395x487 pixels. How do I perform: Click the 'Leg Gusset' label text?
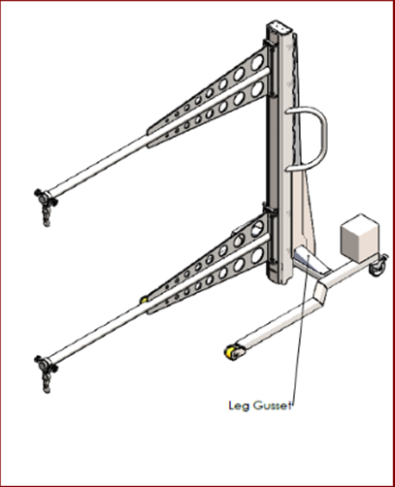tap(259, 406)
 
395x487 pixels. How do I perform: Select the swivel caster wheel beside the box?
tap(379, 266)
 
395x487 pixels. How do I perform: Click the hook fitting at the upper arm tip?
tap(46, 206)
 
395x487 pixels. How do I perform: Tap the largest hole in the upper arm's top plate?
tap(257, 62)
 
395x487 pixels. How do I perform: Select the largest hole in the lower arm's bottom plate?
tap(257, 255)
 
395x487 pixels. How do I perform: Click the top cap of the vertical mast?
tap(280, 26)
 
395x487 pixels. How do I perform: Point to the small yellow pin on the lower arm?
tap(144, 300)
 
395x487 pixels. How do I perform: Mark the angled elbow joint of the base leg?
tap(322, 293)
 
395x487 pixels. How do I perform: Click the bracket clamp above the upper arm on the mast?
tap(269, 45)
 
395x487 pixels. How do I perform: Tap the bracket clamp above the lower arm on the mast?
tap(270, 208)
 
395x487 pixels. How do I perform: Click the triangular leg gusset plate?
tap(307, 213)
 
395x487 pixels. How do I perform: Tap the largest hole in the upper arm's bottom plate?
tap(257, 89)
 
